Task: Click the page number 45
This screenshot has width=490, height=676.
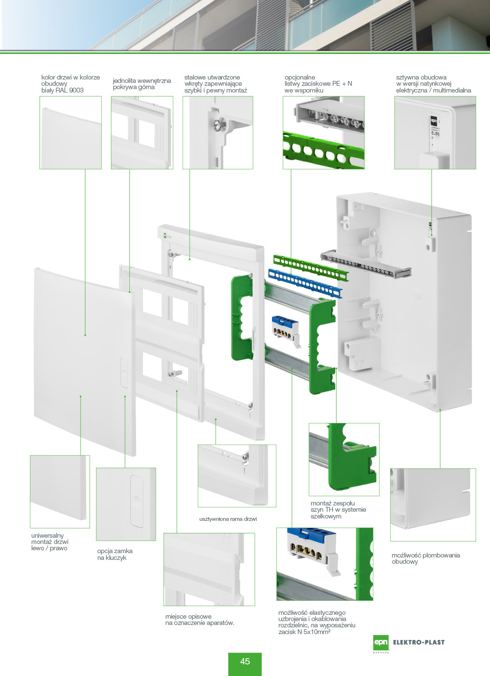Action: click(245, 662)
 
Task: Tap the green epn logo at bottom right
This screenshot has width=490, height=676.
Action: click(381, 642)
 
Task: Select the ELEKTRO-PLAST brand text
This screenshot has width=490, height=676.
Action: click(419, 642)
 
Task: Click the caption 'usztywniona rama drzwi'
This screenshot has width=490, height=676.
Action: click(228, 519)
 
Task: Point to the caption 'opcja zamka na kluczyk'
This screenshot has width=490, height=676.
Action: click(115, 554)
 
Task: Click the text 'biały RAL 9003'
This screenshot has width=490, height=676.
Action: click(62, 90)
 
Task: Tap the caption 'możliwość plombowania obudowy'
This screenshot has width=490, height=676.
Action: click(425, 558)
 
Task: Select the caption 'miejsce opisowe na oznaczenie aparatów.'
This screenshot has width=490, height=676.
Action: click(200, 620)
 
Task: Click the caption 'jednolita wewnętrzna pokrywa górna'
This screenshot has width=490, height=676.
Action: click(142, 84)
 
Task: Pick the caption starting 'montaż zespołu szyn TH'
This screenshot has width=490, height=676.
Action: click(338, 510)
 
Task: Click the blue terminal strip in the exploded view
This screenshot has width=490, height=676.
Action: click(305, 284)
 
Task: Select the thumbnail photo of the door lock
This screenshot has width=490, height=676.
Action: click(126, 504)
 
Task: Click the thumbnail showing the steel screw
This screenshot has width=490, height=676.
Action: click(218, 133)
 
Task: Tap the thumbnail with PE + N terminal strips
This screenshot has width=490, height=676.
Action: click(323, 133)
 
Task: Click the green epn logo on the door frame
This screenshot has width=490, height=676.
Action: click(165, 236)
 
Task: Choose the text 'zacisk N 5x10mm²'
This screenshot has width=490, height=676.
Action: click(304, 632)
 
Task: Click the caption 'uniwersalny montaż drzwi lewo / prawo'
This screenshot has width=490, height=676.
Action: click(50, 542)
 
